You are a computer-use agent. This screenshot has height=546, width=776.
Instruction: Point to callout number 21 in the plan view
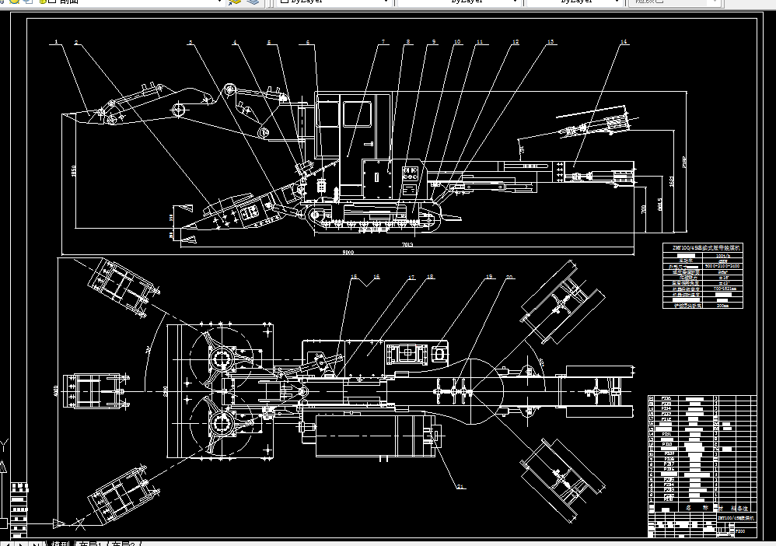[460, 487]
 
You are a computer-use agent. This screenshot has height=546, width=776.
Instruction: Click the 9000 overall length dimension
[348, 252]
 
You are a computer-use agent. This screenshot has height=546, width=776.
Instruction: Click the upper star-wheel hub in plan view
[221, 360]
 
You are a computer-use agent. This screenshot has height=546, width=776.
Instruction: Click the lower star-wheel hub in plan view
[221, 425]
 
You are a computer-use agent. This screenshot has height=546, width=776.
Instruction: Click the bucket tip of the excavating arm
[70, 116]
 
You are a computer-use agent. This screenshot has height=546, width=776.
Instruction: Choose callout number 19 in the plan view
[489, 276]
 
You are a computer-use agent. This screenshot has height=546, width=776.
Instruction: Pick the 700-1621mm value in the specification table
[722, 288]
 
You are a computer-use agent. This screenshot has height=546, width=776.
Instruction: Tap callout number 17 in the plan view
[411, 276]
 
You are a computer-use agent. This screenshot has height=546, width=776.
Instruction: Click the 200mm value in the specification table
[722, 305]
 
